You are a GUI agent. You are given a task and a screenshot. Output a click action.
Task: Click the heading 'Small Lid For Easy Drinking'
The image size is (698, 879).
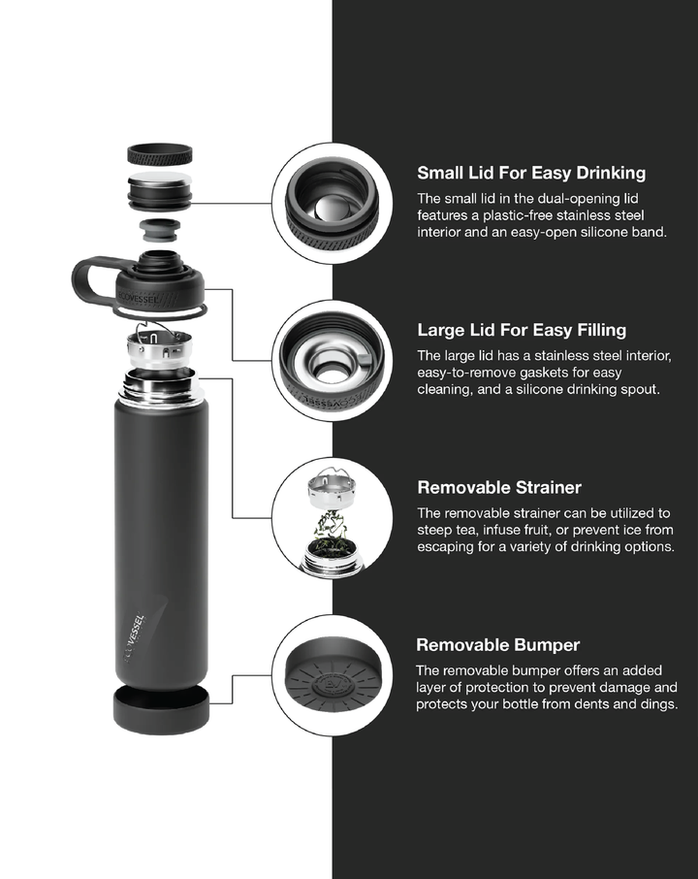[x=531, y=173]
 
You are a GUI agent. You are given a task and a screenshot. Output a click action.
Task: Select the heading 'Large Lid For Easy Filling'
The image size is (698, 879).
[x=522, y=330]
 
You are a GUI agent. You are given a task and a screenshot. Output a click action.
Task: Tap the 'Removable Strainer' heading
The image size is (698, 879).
[x=499, y=487]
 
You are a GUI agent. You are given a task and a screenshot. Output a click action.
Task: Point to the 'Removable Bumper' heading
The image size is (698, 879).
[x=497, y=644]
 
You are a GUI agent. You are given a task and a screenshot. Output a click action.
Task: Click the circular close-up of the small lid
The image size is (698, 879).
[x=333, y=204]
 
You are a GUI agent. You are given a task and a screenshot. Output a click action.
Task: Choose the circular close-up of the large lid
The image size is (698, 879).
[x=333, y=361]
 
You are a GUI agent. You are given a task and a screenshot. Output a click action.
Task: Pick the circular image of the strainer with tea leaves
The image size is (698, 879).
[x=333, y=518]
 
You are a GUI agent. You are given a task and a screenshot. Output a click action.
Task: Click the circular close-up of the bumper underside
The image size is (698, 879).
[x=333, y=675]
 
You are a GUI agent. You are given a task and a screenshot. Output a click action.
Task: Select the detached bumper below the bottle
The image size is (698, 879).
[x=161, y=707]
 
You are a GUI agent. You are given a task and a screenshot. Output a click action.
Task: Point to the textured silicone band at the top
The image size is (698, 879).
[x=160, y=154]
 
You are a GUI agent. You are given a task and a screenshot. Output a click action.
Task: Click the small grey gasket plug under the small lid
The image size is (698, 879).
[x=160, y=230]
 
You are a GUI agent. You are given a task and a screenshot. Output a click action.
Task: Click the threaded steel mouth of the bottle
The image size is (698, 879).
[x=160, y=385]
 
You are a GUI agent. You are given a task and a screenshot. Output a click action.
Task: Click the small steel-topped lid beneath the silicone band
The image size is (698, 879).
[x=160, y=189]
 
